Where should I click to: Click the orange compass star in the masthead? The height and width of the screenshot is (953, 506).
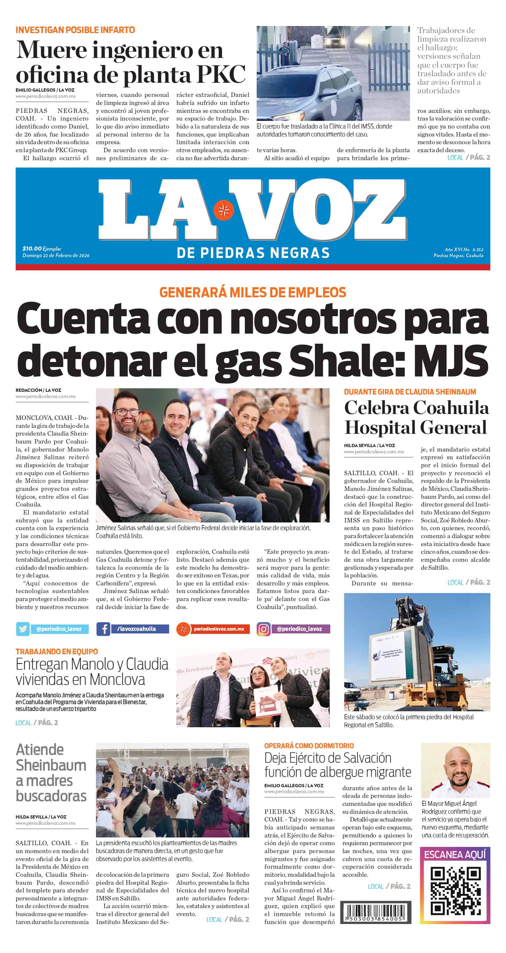[x=223, y=210]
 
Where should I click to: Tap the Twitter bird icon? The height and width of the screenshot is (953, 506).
[x=22, y=629]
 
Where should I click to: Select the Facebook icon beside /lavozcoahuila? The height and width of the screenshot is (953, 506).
[x=103, y=629]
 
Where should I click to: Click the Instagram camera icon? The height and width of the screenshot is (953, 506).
[x=263, y=629]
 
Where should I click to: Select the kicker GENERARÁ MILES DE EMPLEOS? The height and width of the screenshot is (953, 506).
[x=253, y=292]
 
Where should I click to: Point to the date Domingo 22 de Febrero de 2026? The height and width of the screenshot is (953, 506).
[x=56, y=256]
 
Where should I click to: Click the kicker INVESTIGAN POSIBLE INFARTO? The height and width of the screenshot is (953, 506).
[x=75, y=30]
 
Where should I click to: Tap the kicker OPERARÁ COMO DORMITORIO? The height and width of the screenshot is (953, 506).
[x=309, y=746]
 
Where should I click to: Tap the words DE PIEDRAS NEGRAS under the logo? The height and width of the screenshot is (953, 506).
[x=253, y=253]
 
